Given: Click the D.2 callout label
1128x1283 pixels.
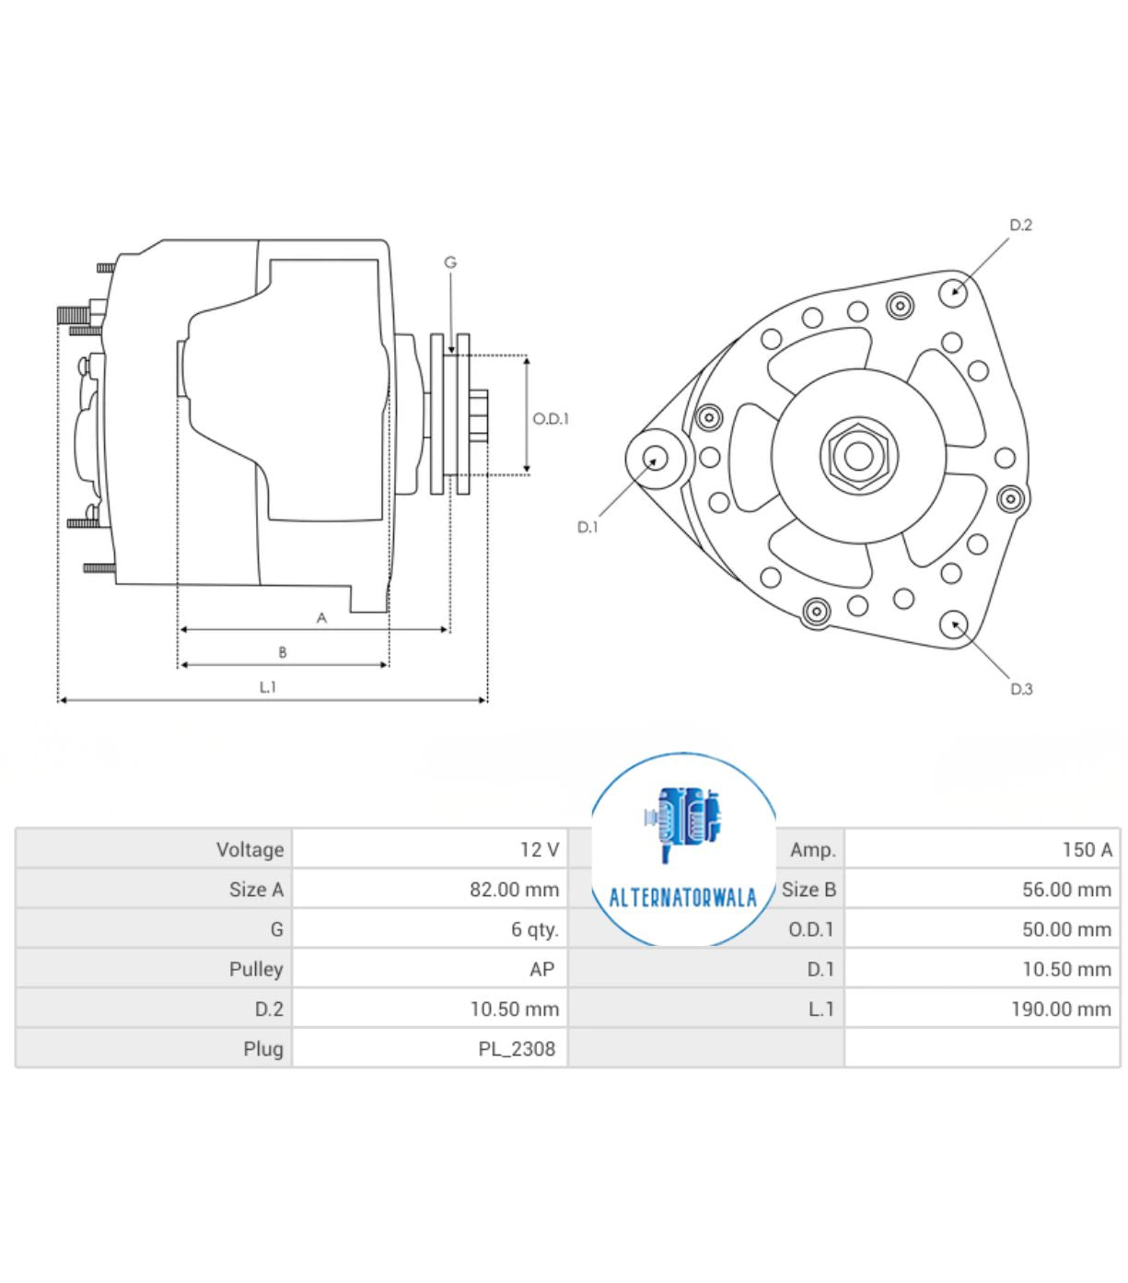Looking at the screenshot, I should pos(1020,225).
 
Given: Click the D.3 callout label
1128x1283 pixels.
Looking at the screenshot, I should pos(1021,689).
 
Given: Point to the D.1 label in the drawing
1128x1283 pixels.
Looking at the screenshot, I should pos(587,527).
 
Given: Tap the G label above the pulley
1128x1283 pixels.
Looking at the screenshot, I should pos(450,262).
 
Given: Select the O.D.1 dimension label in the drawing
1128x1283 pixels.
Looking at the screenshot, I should pos(551,418).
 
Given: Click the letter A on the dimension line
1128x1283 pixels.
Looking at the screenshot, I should pos(321,618).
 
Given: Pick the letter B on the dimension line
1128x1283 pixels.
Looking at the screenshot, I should pos(283,652).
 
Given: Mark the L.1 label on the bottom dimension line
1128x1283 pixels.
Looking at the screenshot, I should pos(267,687).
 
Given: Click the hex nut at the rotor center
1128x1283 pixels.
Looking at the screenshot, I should pos(858,455).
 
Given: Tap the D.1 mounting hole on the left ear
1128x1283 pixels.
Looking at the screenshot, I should pos(657,457).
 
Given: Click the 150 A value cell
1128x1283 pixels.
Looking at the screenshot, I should pos(1087,849).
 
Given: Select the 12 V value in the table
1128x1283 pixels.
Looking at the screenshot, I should pos(539,849).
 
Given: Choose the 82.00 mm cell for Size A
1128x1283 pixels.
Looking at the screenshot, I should pos(514,890).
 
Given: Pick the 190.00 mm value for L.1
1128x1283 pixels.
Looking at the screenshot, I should pos(1061,1009).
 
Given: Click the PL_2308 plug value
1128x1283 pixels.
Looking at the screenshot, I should pos(517,1048).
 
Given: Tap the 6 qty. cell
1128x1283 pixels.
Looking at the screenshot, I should pos(534,929).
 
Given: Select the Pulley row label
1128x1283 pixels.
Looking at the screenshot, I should pos(256,969).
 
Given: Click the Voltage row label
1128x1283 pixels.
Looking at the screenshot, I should pos(250,849).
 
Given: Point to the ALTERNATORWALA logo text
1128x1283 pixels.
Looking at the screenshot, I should pos(682,897).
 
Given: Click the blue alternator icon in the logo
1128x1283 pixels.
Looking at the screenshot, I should pos(683,820).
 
